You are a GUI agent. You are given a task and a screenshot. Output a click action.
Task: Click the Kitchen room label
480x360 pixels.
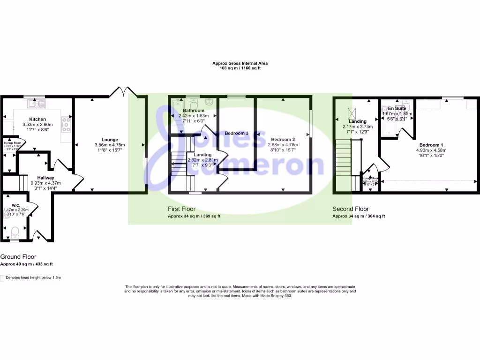(x=37, y=119)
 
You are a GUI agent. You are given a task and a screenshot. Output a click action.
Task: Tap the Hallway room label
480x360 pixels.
(x=46, y=178)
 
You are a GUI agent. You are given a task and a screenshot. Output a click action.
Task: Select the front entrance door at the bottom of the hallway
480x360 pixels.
(x=41, y=235)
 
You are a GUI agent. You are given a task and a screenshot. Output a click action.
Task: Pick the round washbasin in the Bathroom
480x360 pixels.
(x=210, y=102)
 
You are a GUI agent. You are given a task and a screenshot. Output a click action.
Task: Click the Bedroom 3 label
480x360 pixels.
(x=236, y=134)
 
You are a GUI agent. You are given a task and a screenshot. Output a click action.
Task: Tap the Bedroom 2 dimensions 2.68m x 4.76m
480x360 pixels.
(x=283, y=145)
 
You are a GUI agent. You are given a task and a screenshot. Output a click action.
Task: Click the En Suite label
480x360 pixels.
(x=397, y=108)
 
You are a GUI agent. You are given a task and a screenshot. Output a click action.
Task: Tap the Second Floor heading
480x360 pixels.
(x=351, y=209)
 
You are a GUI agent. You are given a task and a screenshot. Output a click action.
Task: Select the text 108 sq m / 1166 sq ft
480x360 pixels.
(x=240, y=68)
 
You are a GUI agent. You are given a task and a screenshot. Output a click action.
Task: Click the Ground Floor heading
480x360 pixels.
(x=18, y=257)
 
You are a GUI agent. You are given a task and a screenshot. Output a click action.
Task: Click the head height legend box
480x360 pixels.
(x=2, y=277)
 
